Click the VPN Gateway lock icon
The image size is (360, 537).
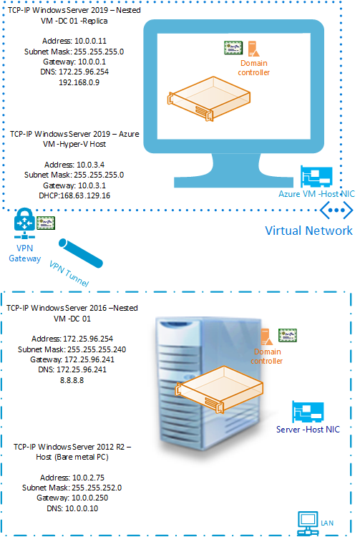24,223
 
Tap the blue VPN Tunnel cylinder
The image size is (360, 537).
81,253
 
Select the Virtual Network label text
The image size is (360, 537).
308,231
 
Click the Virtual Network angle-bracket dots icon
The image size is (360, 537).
336,210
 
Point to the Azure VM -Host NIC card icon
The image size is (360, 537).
316,177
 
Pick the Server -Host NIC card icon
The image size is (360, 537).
308,412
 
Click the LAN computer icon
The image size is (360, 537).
308,523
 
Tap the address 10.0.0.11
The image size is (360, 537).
90,41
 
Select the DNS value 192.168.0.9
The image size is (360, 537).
79,82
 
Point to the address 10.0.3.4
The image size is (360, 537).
91,165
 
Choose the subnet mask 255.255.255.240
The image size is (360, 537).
97,349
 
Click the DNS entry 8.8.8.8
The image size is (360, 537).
72,380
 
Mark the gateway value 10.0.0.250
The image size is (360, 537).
89,498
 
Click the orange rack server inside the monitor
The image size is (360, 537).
209,99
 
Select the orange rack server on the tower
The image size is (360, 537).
219,389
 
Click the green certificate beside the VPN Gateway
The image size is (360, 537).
46,223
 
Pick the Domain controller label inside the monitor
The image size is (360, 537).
254,68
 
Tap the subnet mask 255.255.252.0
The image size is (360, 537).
97,488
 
